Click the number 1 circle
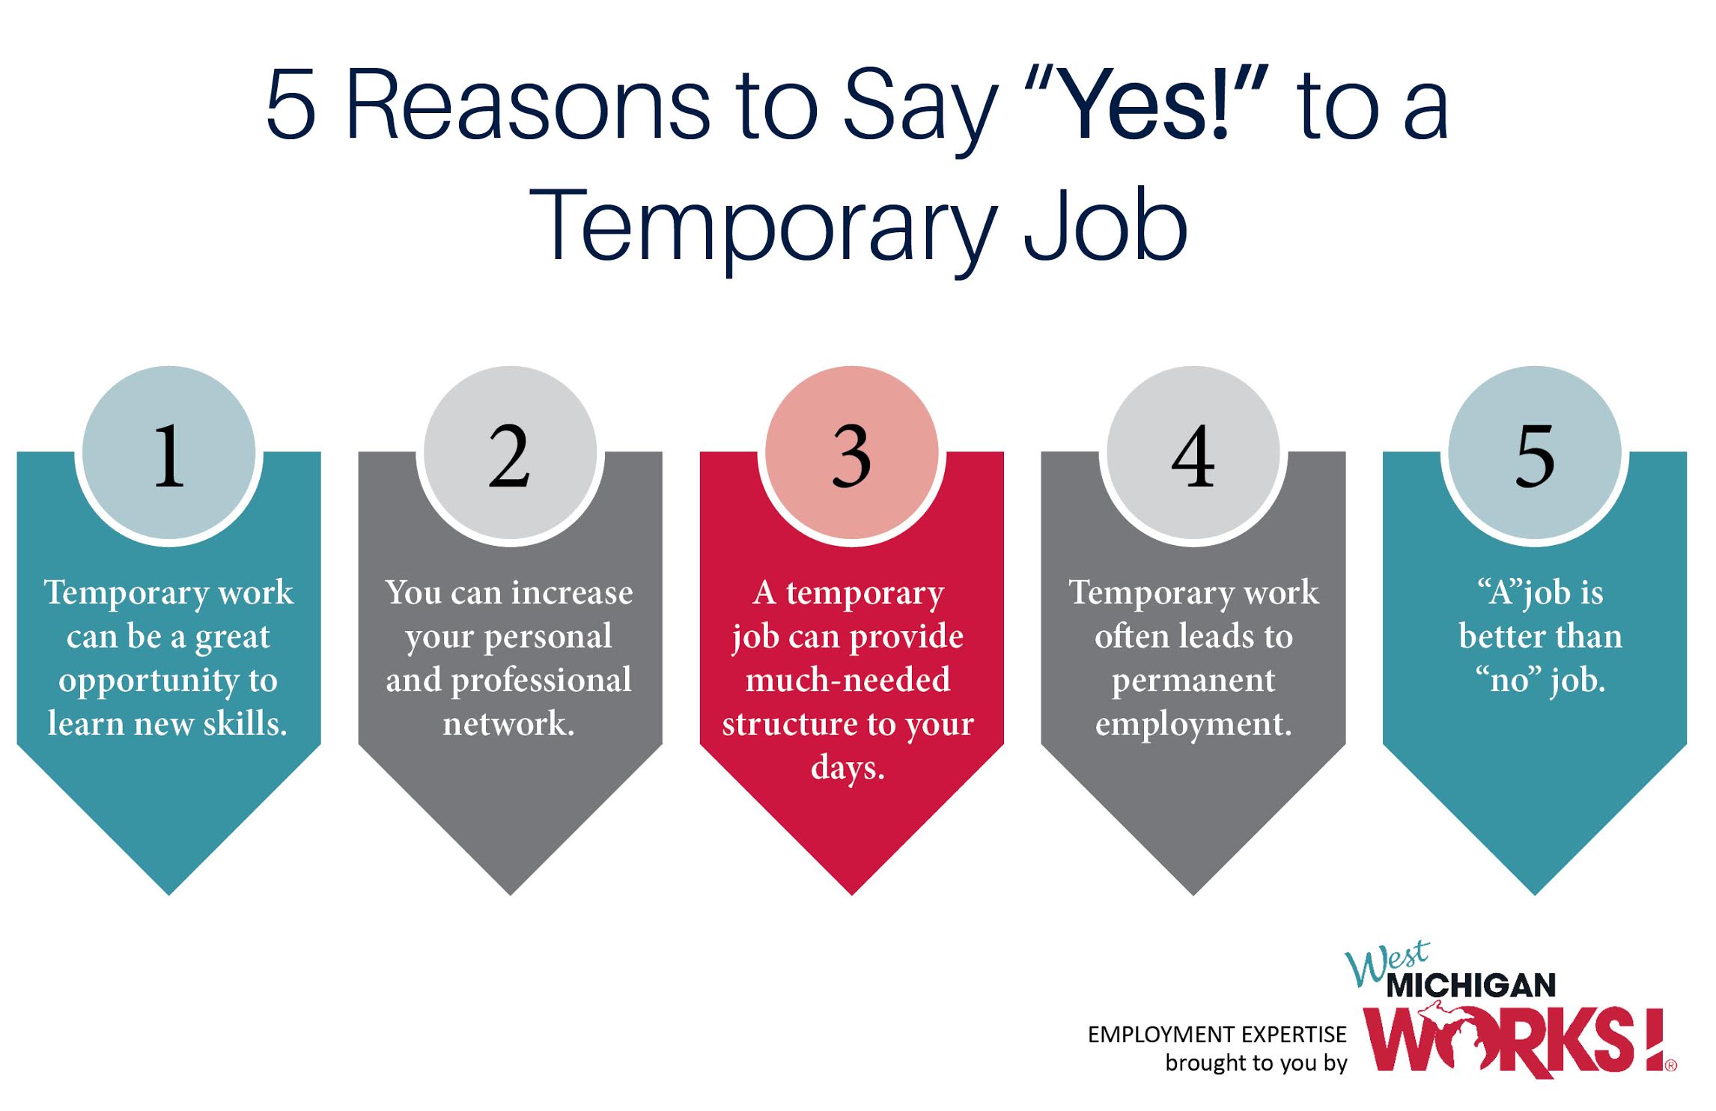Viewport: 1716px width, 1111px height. (169, 452)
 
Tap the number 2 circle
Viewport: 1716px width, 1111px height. (511, 452)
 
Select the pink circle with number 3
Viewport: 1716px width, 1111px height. (852, 452)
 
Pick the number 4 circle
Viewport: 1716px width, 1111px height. (1193, 452)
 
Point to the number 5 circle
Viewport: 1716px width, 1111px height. (1535, 452)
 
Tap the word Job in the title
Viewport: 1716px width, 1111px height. (1105, 224)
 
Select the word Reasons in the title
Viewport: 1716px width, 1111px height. (528, 105)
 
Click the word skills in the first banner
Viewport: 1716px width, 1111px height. (246, 724)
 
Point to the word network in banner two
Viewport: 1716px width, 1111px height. (508, 724)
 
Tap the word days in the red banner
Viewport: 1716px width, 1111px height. (848, 768)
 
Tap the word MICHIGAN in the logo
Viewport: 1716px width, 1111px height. (1471, 985)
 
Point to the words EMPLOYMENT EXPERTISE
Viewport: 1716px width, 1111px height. (1217, 1035)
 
